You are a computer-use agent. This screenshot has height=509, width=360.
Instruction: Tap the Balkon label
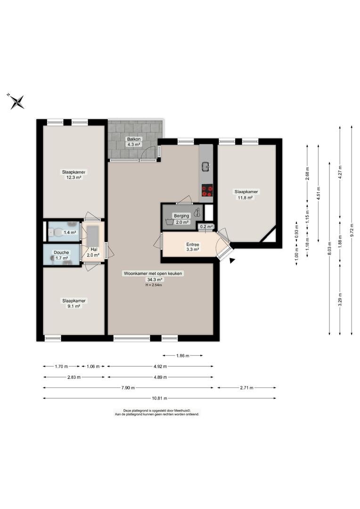[x=134, y=139]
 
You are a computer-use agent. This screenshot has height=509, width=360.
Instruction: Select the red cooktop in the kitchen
[x=207, y=190]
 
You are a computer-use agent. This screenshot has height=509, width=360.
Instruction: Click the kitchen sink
[x=206, y=166]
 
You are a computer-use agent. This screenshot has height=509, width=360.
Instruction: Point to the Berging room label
[x=181, y=216]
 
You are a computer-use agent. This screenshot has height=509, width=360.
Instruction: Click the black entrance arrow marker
[x=232, y=260]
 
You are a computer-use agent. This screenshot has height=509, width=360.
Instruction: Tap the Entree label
[x=193, y=245]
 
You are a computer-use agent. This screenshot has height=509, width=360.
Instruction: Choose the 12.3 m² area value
[x=74, y=178]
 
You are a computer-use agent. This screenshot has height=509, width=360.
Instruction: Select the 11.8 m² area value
[x=246, y=197]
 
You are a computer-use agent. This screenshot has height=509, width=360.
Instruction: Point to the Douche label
[x=61, y=252]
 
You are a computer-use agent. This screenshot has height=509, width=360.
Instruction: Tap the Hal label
[x=94, y=249]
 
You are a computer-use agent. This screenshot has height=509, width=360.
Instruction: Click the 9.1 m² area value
[x=74, y=306]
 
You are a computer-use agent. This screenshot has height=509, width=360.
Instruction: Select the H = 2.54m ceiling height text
[x=154, y=285]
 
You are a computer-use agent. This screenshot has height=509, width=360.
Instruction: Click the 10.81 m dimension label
[x=160, y=398]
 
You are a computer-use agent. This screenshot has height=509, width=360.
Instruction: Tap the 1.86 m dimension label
[x=182, y=355]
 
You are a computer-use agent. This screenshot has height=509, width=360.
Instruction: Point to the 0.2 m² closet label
[x=206, y=227]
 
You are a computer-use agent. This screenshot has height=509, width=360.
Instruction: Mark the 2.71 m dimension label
[x=247, y=387]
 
